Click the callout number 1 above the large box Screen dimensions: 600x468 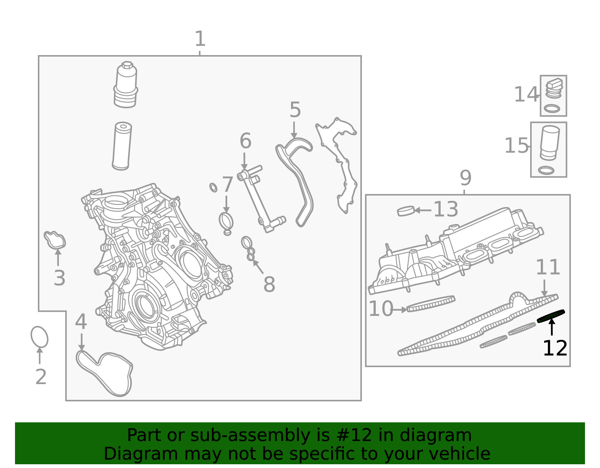200,39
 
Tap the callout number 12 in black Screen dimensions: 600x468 555,348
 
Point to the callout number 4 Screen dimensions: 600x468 81,321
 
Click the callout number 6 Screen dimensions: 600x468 246,141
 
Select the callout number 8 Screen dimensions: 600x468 270,284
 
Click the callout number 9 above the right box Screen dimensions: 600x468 465,178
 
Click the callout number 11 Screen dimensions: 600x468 548,267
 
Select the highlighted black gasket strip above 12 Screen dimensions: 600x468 551,316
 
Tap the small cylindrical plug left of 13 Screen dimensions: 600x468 406,211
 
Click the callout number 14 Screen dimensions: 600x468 526,94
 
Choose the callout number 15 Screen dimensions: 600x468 516,145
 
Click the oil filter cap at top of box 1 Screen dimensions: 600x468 126,84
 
